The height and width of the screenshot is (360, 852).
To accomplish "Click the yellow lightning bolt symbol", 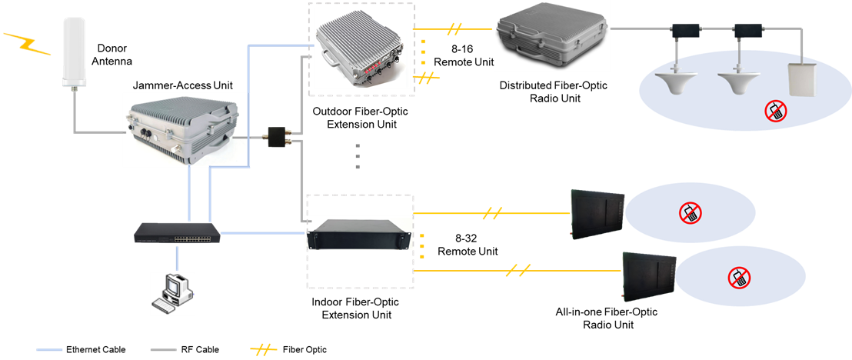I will pyautogui.click(x=27, y=44).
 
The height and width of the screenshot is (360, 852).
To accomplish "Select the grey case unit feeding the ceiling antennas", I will pyautogui.click(x=551, y=35).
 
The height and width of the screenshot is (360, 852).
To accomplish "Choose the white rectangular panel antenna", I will pyautogui.click(x=800, y=80).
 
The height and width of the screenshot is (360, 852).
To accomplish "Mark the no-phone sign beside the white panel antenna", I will pyautogui.click(x=775, y=111).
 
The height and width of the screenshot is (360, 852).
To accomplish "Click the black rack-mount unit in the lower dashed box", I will pyautogui.click(x=359, y=234).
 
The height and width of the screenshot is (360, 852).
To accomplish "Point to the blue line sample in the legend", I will pyautogui.click(x=50, y=350).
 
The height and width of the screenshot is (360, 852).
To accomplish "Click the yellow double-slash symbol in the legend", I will pyautogui.click(x=263, y=350).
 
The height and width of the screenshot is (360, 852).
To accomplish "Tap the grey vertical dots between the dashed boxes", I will pyautogui.click(x=358, y=156).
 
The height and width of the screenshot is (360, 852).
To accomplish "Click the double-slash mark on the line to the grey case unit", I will pyautogui.click(x=455, y=29).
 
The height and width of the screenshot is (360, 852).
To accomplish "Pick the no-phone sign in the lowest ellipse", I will pyautogui.click(x=740, y=278).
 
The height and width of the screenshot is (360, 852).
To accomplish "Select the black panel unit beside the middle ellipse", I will pyautogui.click(x=597, y=214).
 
